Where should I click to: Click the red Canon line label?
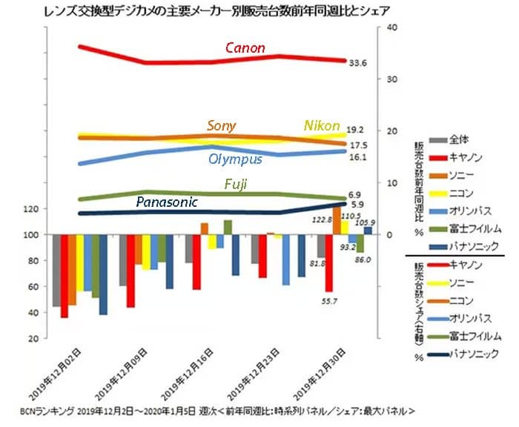point(245,48)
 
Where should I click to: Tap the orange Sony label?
point(222,125)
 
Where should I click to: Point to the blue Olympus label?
point(235,159)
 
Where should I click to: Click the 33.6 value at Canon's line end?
point(358,63)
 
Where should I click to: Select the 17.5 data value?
point(358,145)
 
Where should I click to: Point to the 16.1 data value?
point(358,158)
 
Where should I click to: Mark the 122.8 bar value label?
point(321,220)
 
